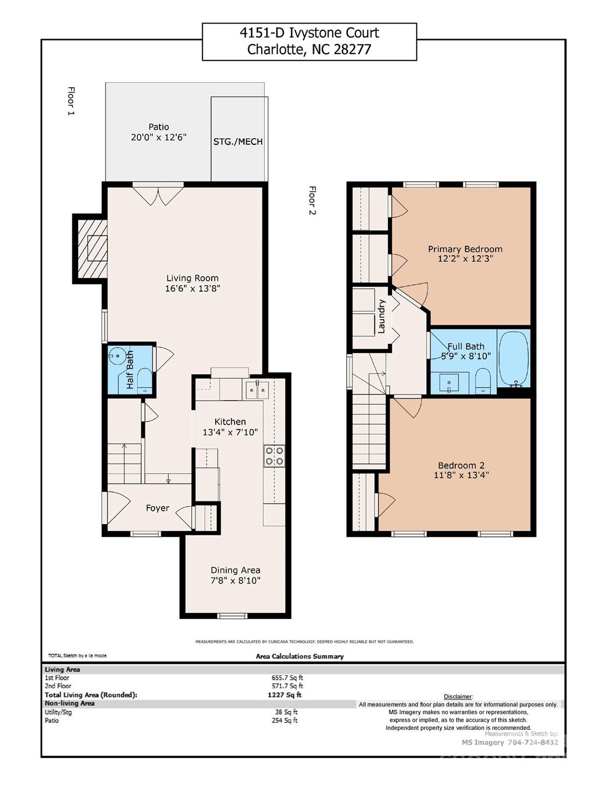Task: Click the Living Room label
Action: coord(192,278)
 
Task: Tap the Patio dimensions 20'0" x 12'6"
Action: coord(159,137)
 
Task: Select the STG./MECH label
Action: coord(238,142)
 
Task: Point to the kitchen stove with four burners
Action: coord(274,456)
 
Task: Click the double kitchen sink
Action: coord(257,390)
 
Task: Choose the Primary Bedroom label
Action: coord(465,249)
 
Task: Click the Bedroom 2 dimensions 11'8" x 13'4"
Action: coord(461,475)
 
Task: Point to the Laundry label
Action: coord(381,317)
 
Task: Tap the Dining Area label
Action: coord(235,570)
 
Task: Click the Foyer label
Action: coord(158,508)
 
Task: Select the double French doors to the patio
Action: coord(158,195)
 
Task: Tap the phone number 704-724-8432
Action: coord(532,743)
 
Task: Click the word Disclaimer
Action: coord(458,696)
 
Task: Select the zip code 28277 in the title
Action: coord(352,50)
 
